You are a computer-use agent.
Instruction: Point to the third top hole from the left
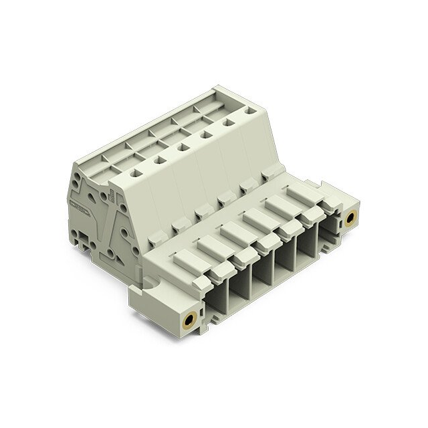pyautogui.click(x=182, y=147)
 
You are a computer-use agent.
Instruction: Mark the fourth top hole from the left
pyautogui.click(x=205, y=134)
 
